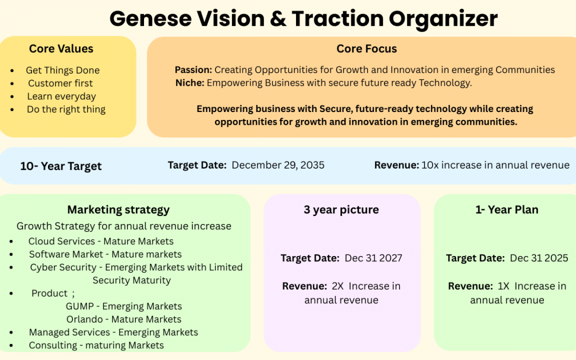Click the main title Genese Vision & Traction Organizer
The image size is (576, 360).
[x=303, y=19]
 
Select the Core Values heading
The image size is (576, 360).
[x=61, y=49]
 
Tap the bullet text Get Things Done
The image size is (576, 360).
[x=62, y=70]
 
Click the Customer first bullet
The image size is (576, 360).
[x=60, y=83]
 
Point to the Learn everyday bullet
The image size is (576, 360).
[x=61, y=97]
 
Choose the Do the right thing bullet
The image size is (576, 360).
[x=66, y=109]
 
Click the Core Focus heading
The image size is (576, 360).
[x=366, y=49]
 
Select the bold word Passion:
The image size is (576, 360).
[x=194, y=70]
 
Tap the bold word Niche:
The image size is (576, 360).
[x=190, y=83]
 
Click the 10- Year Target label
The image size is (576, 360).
[x=61, y=166]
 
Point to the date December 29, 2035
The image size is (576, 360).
[x=278, y=165]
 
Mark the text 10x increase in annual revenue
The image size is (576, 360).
[x=495, y=165]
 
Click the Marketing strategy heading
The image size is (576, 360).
[x=118, y=210]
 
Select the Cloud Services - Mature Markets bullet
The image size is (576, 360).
[x=101, y=241]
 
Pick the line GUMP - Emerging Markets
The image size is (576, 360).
[x=124, y=306]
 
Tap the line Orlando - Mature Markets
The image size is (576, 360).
[x=124, y=319]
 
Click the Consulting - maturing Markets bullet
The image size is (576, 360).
[x=97, y=346]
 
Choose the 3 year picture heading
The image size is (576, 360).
[x=341, y=210]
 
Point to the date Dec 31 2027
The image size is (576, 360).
[x=373, y=258]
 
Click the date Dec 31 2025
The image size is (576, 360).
[x=539, y=258]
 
